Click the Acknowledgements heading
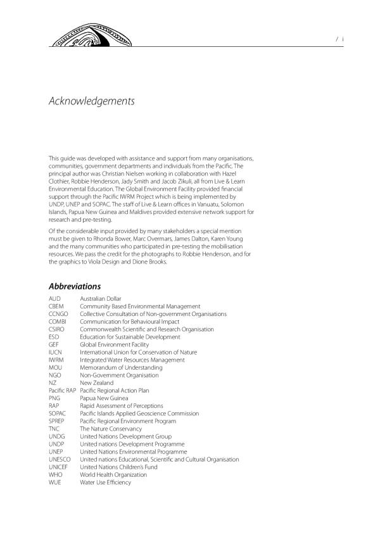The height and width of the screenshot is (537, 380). [x=91, y=101]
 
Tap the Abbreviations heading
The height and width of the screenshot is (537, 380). [x=74, y=286]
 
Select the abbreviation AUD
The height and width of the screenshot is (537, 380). [x=55, y=299]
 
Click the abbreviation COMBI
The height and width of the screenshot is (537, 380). [x=58, y=322]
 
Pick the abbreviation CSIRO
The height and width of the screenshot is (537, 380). [x=57, y=329]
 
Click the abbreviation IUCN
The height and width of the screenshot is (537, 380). [x=56, y=352]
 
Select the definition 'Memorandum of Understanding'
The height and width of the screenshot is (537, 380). [x=121, y=367]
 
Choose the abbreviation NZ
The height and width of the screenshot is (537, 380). [x=53, y=383]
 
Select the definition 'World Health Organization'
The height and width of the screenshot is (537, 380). [x=113, y=475]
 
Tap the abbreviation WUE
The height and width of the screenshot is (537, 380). [x=55, y=483]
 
